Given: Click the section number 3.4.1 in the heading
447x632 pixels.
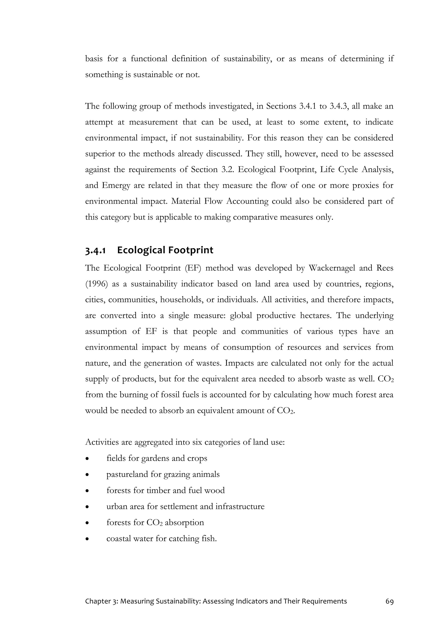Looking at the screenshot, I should pos(95,251).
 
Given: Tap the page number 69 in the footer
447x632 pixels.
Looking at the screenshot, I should pos(389,601).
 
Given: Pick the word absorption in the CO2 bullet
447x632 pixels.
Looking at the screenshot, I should pos(184,523).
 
